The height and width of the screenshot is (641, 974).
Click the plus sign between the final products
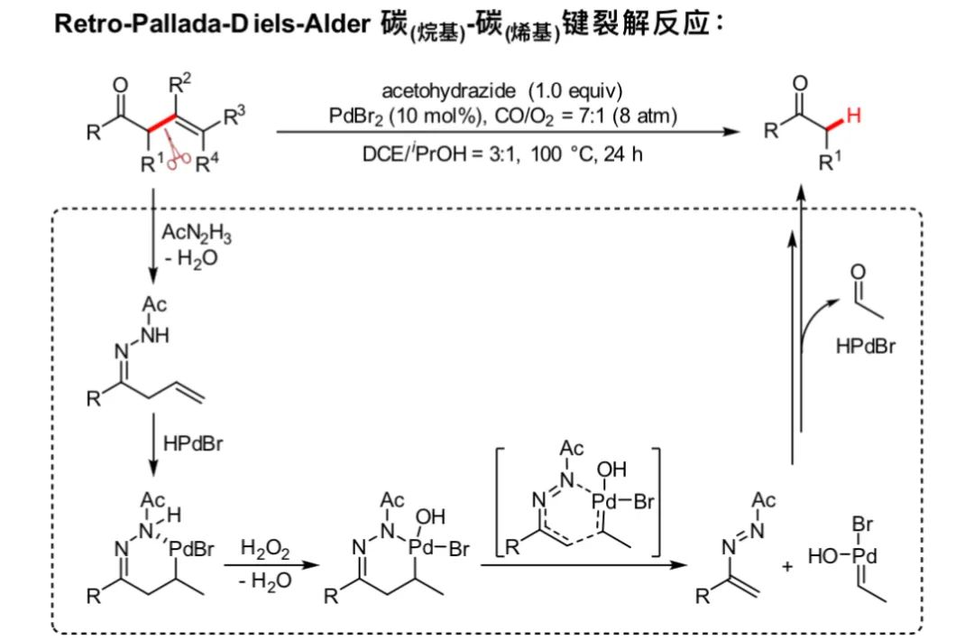[x=786, y=568]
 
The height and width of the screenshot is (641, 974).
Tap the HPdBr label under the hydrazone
[x=193, y=443]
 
